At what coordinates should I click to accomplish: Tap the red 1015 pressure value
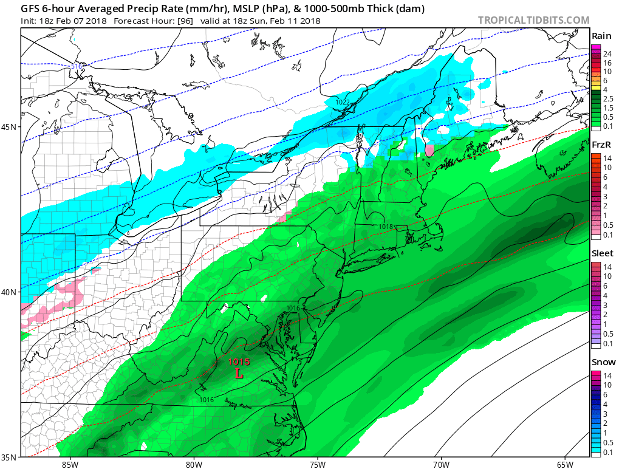point(239,362)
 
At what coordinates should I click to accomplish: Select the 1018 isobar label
point(385,227)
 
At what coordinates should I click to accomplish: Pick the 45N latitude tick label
point(9,127)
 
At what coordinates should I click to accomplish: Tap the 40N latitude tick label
point(9,292)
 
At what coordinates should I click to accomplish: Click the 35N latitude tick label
point(9,457)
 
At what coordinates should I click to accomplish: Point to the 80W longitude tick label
point(194,464)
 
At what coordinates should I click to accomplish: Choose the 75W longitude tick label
point(317,464)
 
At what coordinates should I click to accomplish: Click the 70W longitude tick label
point(441,464)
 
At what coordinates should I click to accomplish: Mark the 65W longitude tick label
point(564,464)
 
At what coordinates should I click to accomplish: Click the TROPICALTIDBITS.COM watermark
point(533,20)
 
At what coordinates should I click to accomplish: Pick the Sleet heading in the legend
point(602,253)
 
